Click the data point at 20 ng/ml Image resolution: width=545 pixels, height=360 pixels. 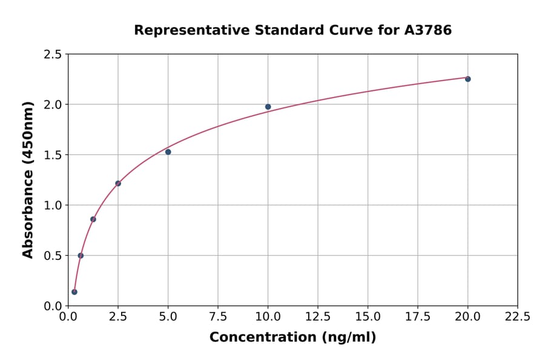click(467, 79)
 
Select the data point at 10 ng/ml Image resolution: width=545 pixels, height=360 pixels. click(268, 107)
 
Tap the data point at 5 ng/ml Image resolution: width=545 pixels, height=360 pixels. click(168, 152)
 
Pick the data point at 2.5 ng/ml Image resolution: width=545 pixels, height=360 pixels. click(118, 183)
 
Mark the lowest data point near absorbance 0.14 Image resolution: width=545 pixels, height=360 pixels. click(74, 292)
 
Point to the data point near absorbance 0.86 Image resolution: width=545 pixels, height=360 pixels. click(93, 219)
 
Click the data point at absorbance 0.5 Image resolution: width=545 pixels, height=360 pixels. click(81, 255)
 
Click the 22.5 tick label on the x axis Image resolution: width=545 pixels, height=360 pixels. click(517, 316)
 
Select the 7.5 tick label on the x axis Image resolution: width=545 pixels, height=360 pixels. click(218, 316)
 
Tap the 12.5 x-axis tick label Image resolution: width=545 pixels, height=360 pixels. click(318, 316)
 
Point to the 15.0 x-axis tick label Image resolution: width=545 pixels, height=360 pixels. click(368, 316)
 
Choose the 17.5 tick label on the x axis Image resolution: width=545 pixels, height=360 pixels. click(418, 316)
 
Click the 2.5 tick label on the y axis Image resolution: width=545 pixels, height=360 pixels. click(53, 55)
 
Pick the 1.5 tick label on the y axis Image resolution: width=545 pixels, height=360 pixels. click(53, 155)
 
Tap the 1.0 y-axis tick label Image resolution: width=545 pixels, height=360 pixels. click(53, 205)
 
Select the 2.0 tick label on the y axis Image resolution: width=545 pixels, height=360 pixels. click(53, 105)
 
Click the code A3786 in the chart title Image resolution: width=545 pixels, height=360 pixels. click(428, 30)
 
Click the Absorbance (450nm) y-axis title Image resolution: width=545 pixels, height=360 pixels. click(28, 179)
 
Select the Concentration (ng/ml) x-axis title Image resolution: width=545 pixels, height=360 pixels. click(292, 338)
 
